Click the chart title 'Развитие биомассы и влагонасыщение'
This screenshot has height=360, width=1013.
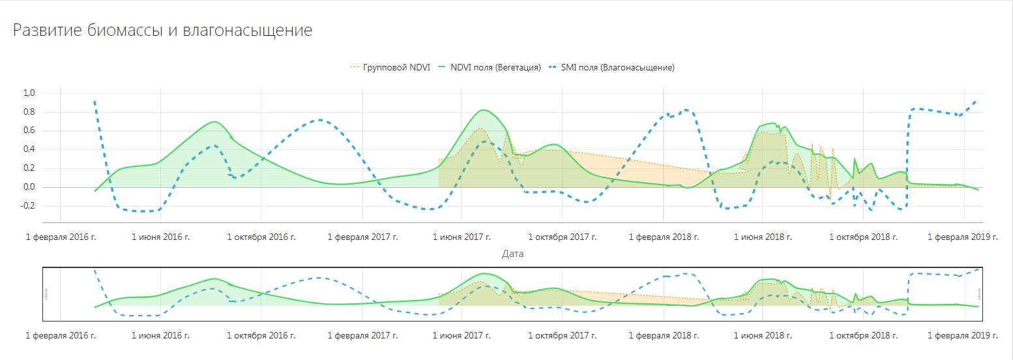click(162, 31)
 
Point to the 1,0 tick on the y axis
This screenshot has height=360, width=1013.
click(29, 93)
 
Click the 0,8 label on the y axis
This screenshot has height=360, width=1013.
click(29, 112)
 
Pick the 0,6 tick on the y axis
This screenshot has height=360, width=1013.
click(29, 131)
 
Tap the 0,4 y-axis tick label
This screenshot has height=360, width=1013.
click(29, 150)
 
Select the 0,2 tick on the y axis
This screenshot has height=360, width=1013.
click(29, 169)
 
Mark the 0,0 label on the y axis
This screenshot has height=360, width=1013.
click(29, 188)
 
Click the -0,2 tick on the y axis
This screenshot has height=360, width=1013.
click(27, 207)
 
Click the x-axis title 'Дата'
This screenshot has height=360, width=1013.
click(512, 254)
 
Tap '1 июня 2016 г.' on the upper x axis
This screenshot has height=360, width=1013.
click(160, 237)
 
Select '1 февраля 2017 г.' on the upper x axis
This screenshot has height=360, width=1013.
click(362, 237)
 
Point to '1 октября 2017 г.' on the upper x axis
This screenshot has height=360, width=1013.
click(563, 237)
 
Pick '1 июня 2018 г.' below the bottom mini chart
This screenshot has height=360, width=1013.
click(763, 336)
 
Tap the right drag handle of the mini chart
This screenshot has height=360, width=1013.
click(978, 294)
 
